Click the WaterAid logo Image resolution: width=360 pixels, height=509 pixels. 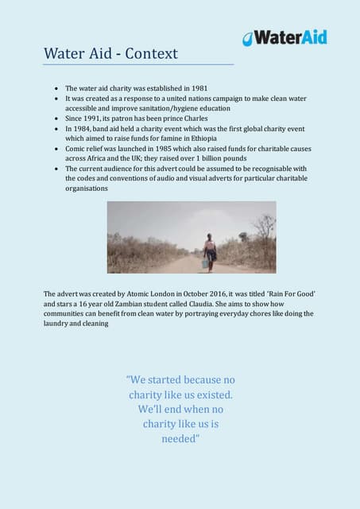tap(285, 37)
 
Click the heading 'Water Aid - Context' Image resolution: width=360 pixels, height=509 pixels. tap(110, 54)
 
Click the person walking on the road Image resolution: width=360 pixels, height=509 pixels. tap(211, 250)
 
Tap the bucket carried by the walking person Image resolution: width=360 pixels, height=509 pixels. tap(205, 262)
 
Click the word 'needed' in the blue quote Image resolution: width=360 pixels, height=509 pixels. tap(180, 438)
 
